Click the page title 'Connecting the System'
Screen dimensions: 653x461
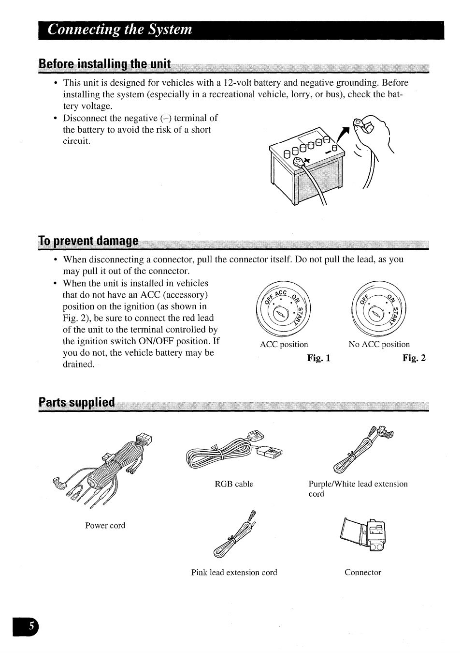point(120,30)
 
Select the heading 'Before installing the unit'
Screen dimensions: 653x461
point(105,64)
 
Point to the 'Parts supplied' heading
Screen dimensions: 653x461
point(77,402)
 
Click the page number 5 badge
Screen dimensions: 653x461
point(30,626)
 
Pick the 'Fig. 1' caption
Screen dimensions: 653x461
point(318,358)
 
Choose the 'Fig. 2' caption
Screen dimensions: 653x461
point(414,358)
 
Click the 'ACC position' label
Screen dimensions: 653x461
point(284,345)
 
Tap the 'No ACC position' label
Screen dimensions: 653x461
point(379,345)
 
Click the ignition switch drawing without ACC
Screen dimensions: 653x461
point(379,309)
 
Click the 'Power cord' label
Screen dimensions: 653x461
point(105,526)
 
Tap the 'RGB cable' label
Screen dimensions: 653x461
point(234,484)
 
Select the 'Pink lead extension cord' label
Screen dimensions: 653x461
point(234,573)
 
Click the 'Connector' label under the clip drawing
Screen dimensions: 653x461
point(362,573)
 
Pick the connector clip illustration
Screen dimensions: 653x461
point(364,535)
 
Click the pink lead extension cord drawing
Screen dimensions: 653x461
point(234,535)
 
